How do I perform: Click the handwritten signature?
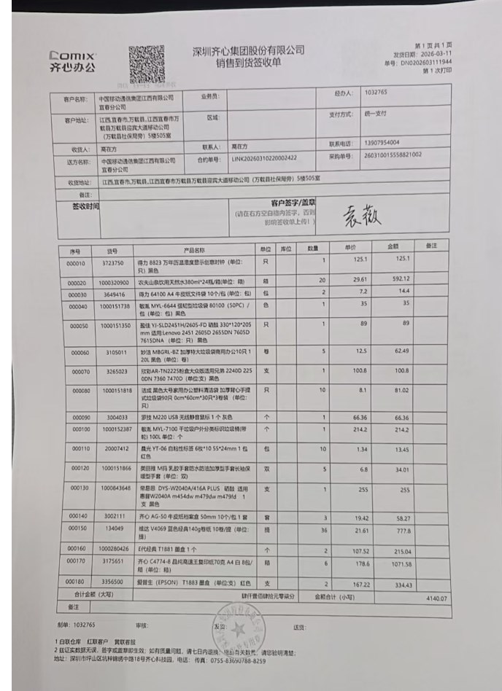[x=361, y=215]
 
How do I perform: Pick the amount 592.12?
[x=401, y=279]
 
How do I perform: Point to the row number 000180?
[x=77, y=582]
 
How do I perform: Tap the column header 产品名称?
[x=195, y=249]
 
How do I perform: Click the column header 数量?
[x=313, y=249]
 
